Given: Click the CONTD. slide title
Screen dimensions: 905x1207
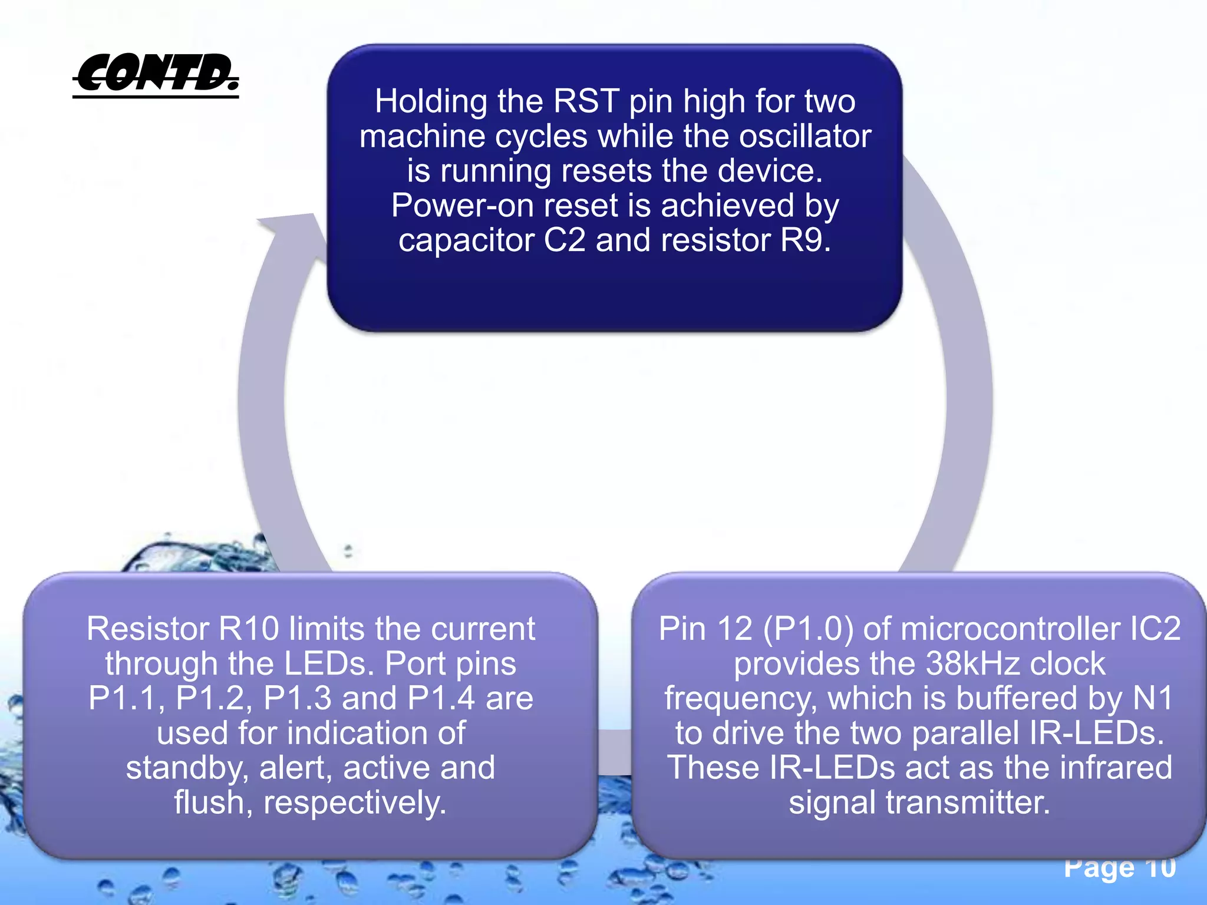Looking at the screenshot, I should point(156,74).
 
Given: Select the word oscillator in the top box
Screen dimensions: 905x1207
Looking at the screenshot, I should point(805,136).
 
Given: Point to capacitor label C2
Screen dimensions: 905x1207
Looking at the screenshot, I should point(564,240).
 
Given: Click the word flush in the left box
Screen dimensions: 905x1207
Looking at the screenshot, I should point(208,802).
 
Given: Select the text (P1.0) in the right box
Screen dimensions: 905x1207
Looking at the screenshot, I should point(809,629).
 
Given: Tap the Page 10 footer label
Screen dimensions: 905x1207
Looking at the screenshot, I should point(1120,867).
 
